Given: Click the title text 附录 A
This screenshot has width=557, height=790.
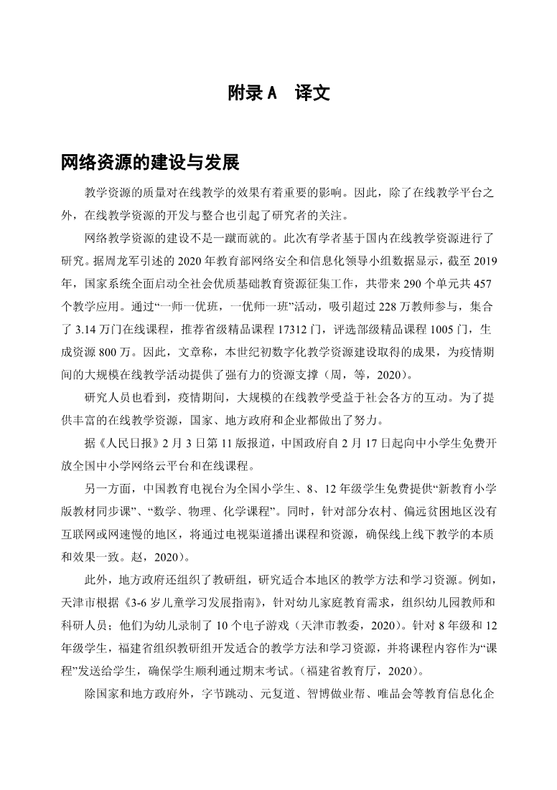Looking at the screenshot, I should [x=252, y=93].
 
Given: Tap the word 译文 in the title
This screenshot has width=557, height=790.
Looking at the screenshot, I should [x=312, y=93].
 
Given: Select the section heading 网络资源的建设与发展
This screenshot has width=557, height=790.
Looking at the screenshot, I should [x=150, y=163].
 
